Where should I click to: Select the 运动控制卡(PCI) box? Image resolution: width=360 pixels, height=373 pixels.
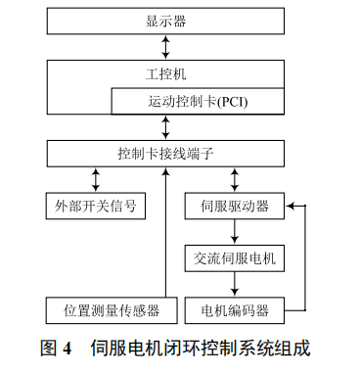pos(202,101)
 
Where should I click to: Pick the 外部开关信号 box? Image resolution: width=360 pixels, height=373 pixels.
pos(96,207)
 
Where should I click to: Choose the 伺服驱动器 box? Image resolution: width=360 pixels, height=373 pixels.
pos(234,207)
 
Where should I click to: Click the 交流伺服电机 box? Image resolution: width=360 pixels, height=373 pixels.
pos(234,258)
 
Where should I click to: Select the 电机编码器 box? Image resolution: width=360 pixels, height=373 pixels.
pos(234,310)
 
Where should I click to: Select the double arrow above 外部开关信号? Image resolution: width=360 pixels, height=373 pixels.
pos(96,180)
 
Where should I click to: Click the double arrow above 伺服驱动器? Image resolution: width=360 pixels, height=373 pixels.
pos(234,180)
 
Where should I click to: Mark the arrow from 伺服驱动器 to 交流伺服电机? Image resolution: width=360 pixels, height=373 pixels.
pos(234,233)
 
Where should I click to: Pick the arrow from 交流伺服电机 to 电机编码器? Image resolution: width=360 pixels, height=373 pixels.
pos(234,285)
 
